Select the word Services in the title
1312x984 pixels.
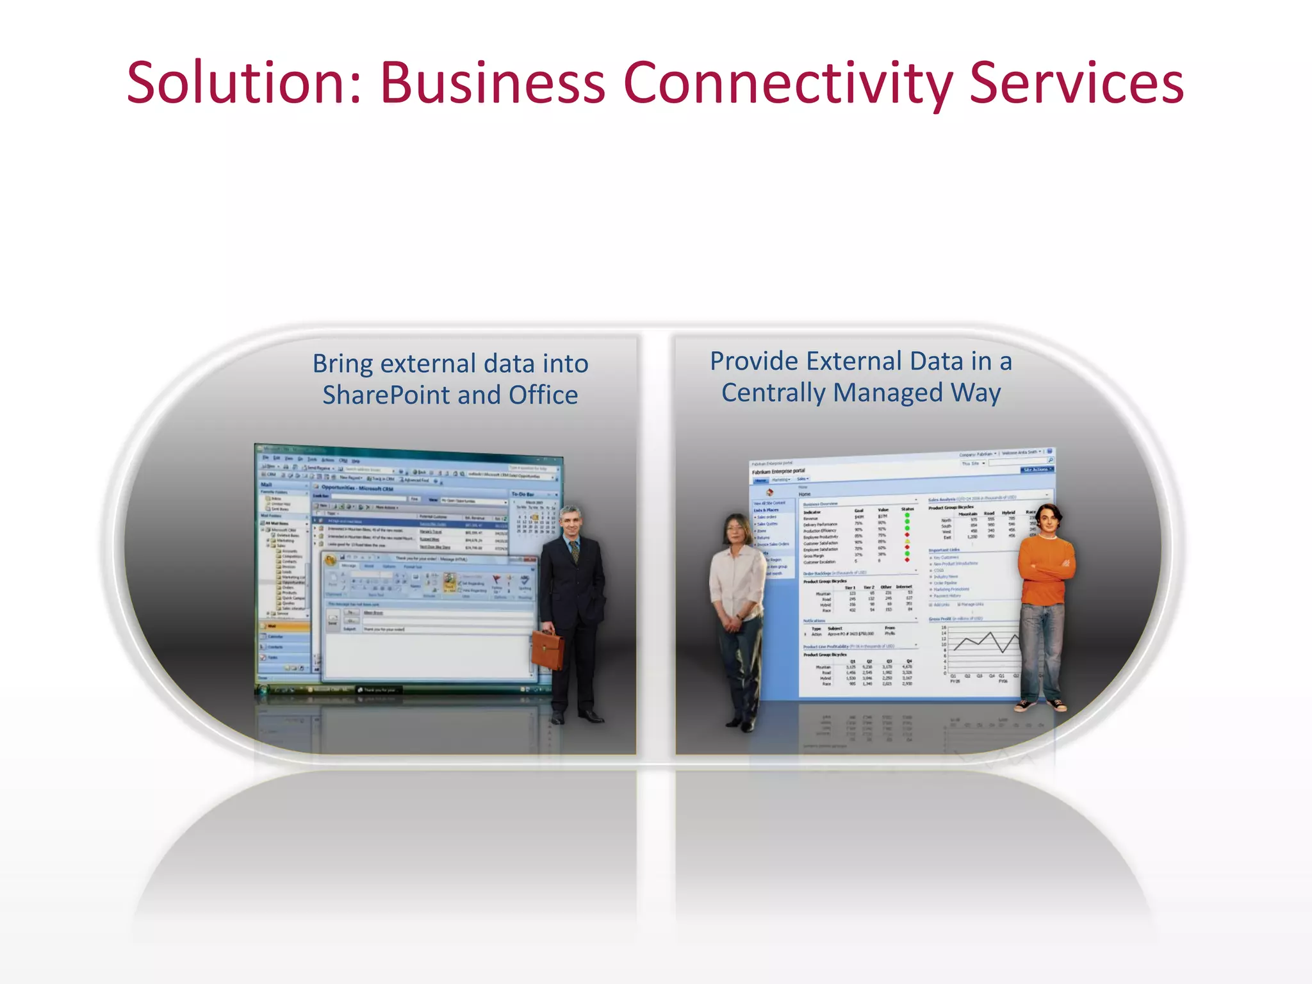(1076, 83)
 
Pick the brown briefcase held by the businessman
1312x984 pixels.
(548, 649)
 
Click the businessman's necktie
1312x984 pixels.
(575, 552)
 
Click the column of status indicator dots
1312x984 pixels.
(907, 537)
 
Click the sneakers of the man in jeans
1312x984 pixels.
(1041, 705)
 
